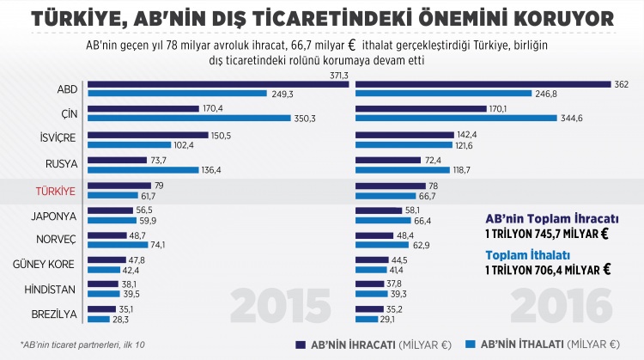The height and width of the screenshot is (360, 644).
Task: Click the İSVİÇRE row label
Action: (x=57, y=138)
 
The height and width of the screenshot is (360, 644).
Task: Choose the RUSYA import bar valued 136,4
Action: (x=143, y=168)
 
